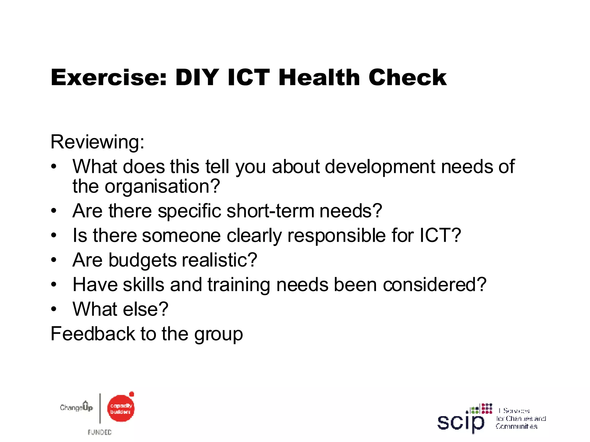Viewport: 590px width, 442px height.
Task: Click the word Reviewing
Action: click(x=97, y=142)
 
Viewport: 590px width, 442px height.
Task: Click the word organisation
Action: click(x=162, y=186)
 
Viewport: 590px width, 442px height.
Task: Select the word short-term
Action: click(x=270, y=211)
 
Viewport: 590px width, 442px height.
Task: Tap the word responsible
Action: click(x=336, y=236)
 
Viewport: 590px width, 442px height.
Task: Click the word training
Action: click(x=239, y=285)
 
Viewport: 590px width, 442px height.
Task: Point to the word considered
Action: click(x=434, y=285)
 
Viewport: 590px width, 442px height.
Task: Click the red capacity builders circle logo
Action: click(x=121, y=409)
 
